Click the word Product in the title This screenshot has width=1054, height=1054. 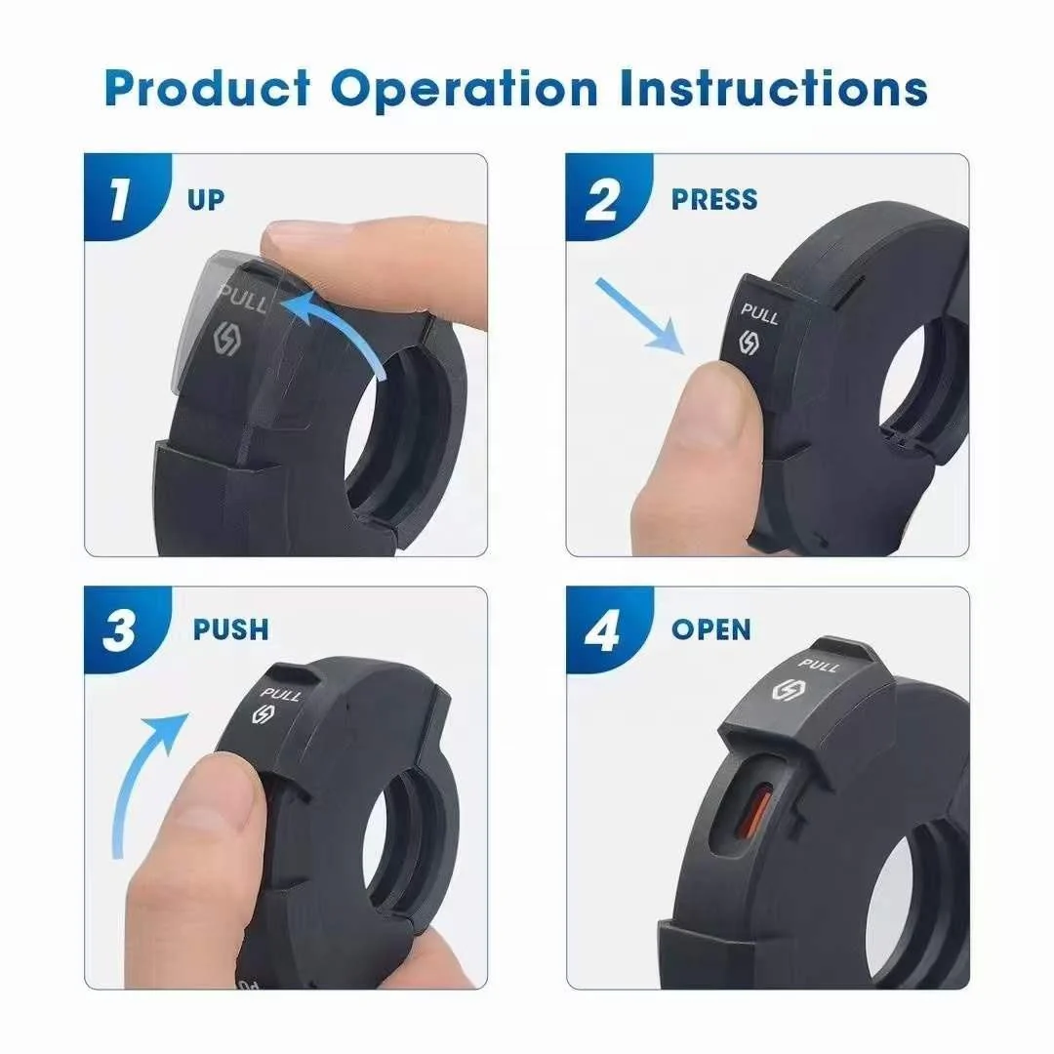pyautogui.click(x=207, y=88)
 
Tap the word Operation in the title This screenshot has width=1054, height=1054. pyautogui.click(x=464, y=89)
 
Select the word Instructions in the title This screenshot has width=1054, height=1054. pyautogui.click(x=773, y=88)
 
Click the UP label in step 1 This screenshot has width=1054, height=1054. pyautogui.click(x=206, y=200)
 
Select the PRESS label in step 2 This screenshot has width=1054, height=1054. pyautogui.click(x=714, y=200)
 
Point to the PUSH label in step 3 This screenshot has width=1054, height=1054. pyautogui.click(x=230, y=629)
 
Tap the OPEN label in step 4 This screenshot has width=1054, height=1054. pyautogui.click(x=711, y=629)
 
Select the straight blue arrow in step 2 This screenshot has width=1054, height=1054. pyautogui.click(x=638, y=316)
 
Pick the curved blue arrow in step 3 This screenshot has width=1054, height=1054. pyautogui.click(x=135, y=773)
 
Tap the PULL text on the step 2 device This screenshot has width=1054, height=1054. pyautogui.click(x=759, y=313)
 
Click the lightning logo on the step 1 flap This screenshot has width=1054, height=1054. pyautogui.click(x=226, y=338)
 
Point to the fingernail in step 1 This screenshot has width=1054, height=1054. pyautogui.click(x=304, y=234)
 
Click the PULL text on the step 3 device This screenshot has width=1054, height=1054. pyautogui.click(x=281, y=694)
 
